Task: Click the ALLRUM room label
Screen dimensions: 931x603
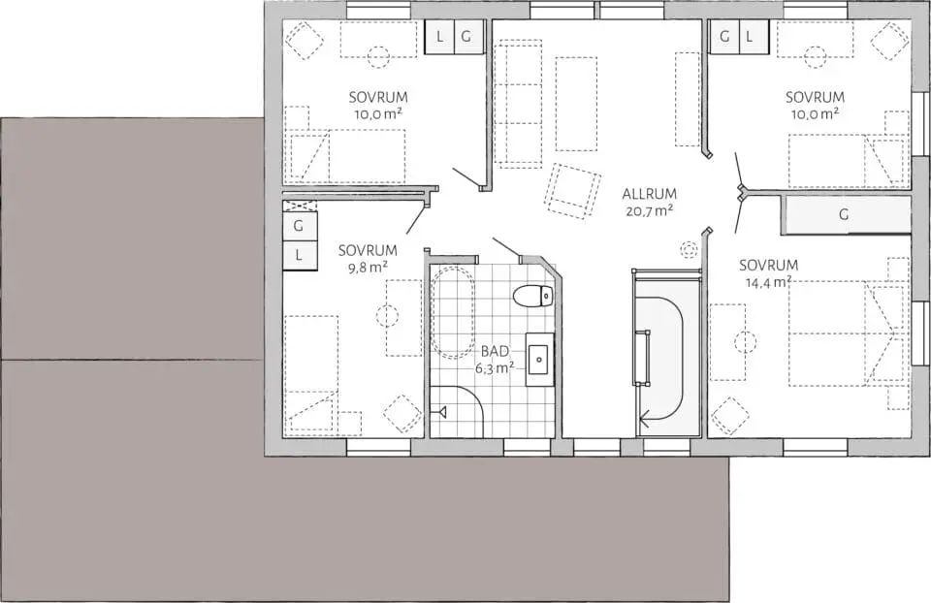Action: point(649,194)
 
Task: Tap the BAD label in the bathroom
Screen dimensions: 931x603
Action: point(495,352)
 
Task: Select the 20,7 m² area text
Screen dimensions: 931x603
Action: point(649,210)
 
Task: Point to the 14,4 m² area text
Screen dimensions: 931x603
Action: point(768,282)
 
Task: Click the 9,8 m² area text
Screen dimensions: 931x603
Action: point(368,267)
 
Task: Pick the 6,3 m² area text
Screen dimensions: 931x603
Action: point(494,368)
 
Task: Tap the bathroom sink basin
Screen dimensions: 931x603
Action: point(540,360)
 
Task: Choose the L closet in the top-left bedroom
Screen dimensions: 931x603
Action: point(439,37)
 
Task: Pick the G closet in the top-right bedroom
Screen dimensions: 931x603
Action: point(724,36)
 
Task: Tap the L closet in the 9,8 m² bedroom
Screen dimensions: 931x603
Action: point(299,255)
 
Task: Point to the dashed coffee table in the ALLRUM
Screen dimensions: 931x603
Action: point(576,104)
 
